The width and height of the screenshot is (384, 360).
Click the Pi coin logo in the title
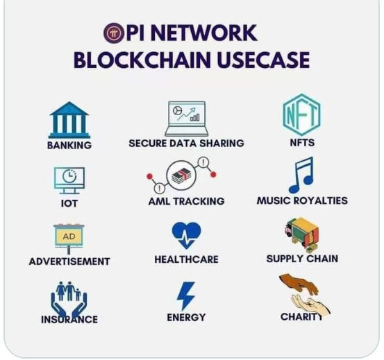coord(113,33)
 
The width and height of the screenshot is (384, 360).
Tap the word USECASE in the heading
coord(263,60)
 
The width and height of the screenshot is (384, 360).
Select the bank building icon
coord(69,120)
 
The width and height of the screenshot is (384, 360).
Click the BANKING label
coord(69,145)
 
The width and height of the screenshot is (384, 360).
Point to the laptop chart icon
coord(187,119)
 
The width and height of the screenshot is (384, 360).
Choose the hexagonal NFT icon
coord(301,114)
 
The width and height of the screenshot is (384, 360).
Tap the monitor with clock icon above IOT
coord(69,180)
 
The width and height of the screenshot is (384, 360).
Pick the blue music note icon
coord(301,175)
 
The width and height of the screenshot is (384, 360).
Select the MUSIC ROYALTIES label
coord(302,200)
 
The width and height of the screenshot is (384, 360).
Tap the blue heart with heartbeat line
coord(186,235)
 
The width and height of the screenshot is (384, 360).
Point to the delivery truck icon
coord(301,234)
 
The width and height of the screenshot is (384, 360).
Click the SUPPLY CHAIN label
coord(302,259)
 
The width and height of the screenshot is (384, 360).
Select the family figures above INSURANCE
coord(69,291)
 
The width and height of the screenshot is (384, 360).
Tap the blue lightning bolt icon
coord(186,296)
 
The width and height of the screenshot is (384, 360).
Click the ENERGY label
coord(186,318)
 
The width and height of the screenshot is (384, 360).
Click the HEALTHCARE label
coord(186,259)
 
